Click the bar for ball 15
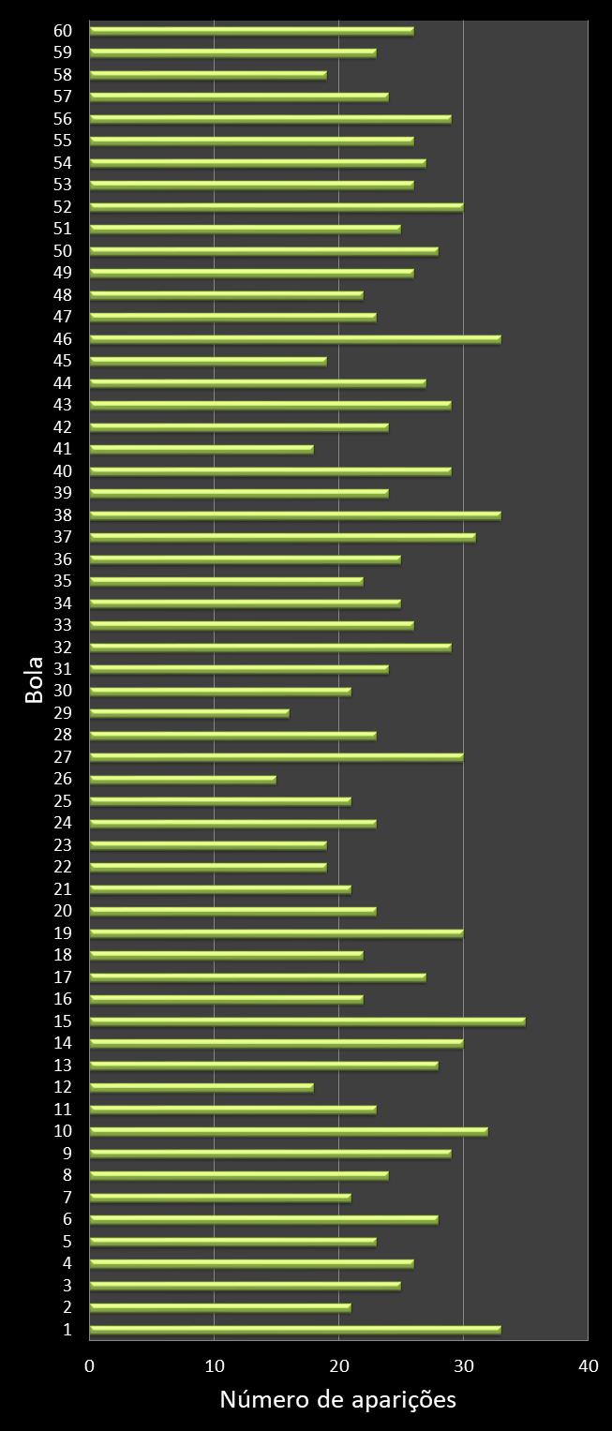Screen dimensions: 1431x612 pyautogui.click(x=307, y=1021)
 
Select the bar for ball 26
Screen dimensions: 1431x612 pyautogui.click(x=183, y=779)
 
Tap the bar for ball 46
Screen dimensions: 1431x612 pyautogui.click(x=295, y=338)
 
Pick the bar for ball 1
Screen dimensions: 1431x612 pyautogui.click(x=295, y=1330)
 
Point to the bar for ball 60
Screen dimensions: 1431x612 pyautogui.click(x=251, y=31)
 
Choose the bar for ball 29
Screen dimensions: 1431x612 pyautogui.click(x=189, y=713)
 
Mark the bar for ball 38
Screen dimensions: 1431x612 pyautogui.click(x=295, y=514)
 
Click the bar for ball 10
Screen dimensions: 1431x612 pyautogui.click(x=289, y=1131)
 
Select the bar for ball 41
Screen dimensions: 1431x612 pyautogui.click(x=202, y=449)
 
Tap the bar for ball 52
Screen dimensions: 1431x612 pyautogui.click(x=276, y=207)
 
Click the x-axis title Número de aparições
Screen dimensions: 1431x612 pyautogui.click(x=337, y=1399)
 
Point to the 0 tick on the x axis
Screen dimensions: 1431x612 pyautogui.click(x=90, y=1366)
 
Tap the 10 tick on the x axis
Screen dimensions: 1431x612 pyautogui.click(x=215, y=1366)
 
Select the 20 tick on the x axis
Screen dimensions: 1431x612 pyautogui.click(x=338, y=1366)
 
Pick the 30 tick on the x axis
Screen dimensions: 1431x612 pyautogui.click(x=463, y=1366)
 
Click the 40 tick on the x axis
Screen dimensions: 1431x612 pyautogui.click(x=588, y=1366)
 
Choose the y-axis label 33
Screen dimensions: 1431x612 pyautogui.click(x=63, y=625)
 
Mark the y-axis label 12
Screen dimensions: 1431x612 pyautogui.click(x=63, y=1087)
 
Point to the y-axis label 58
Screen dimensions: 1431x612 pyautogui.click(x=63, y=74)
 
